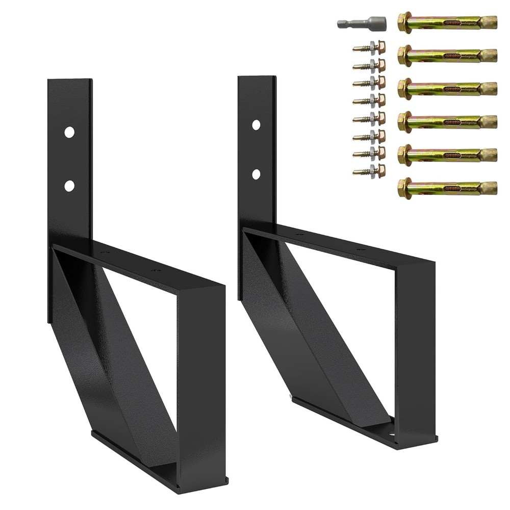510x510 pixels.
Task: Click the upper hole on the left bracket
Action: click(x=69, y=132)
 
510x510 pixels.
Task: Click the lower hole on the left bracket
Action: click(x=69, y=186)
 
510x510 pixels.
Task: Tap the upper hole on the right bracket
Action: click(x=256, y=124)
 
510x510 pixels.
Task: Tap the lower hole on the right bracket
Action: click(x=256, y=174)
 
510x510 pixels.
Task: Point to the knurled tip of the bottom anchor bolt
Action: click(x=489, y=188)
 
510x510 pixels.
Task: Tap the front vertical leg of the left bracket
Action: click(x=201, y=382)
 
